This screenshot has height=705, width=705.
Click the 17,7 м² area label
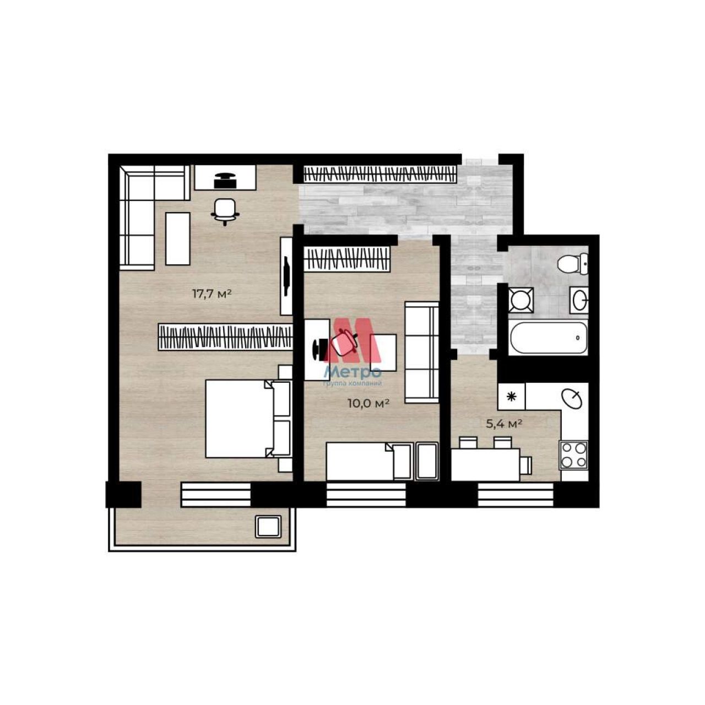coord(212,294)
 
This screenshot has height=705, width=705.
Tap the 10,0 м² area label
coord(368,404)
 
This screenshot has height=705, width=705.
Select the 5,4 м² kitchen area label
coord(503,424)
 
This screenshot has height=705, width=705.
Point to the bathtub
coord(548,337)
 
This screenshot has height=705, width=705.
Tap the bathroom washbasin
coord(579,300)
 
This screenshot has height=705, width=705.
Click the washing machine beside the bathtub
coord(522,300)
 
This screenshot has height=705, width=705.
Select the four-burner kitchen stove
coord(573,455)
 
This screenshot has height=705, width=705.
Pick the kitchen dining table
coord(485,464)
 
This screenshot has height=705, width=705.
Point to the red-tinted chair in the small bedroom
coord(344,341)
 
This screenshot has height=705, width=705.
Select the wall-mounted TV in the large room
coord(287,276)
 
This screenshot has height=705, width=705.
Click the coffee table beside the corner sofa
coord(178,238)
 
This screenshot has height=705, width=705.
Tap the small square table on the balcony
coord(268,527)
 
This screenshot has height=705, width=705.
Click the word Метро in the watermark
coord(352,372)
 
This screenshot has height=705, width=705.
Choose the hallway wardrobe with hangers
coord(381,174)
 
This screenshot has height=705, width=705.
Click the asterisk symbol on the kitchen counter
coord(512,396)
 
